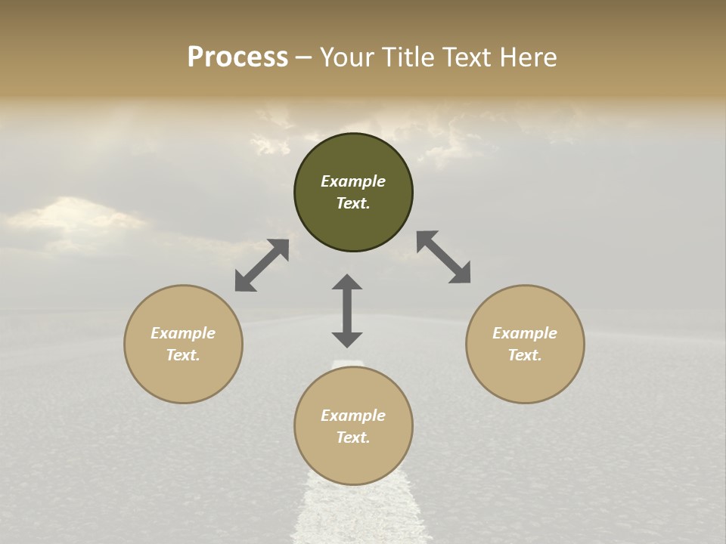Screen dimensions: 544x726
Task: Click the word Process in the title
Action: tap(237, 57)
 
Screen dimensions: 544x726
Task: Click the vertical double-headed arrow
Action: tap(347, 311)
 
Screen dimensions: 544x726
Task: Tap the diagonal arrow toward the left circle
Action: tap(262, 265)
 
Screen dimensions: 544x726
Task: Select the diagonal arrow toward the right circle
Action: tap(444, 257)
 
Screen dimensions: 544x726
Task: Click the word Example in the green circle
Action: tap(353, 181)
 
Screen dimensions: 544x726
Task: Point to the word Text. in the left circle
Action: tap(183, 355)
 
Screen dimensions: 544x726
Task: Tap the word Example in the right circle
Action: tap(525, 333)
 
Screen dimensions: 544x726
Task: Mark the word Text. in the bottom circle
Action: tap(353, 437)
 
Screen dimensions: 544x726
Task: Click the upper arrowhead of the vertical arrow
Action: tap(347, 283)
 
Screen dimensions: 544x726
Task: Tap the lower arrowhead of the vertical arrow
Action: tap(347, 339)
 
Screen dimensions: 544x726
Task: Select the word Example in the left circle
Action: tap(183, 333)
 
